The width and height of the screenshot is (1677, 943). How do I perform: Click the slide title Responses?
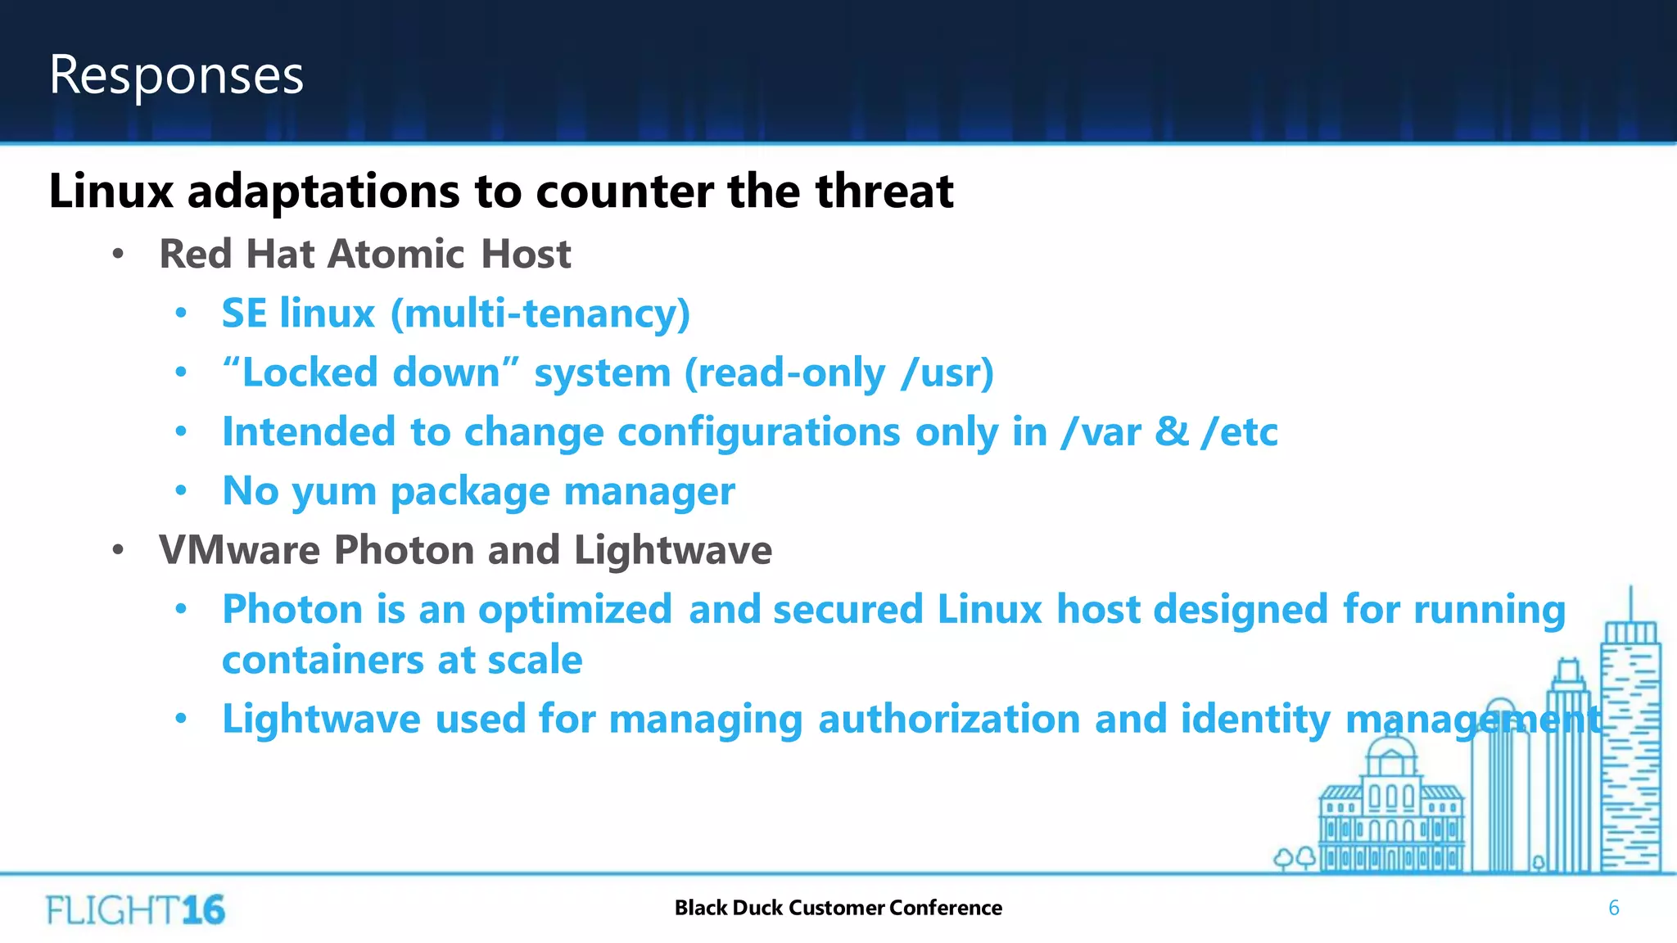[x=176, y=75]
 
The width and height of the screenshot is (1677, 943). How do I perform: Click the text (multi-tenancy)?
[x=540, y=314]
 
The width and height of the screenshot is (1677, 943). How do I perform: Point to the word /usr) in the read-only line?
[x=947, y=373]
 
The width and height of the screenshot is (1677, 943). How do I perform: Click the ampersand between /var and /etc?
[x=1172, y=431]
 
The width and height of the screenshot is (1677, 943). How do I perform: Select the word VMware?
[x=238, y=550]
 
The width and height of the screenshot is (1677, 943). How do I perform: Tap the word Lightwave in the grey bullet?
[x=672, y=550]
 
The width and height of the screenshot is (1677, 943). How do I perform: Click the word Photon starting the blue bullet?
[x=292, y=610]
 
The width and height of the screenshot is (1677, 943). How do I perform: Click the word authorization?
[x=949, y=720]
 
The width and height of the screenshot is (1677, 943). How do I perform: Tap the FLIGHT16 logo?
[x=135, y=909]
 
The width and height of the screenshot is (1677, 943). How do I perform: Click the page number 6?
[x=1613, y=908]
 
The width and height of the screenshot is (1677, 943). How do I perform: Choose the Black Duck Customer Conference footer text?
[x=838, y=908]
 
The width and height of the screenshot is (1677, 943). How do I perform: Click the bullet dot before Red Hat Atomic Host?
[x=118, y=255]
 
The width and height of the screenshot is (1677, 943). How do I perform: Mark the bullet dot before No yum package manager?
[x=181, y=491]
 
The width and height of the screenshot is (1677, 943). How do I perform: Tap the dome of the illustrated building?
[x=1391, y=746]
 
